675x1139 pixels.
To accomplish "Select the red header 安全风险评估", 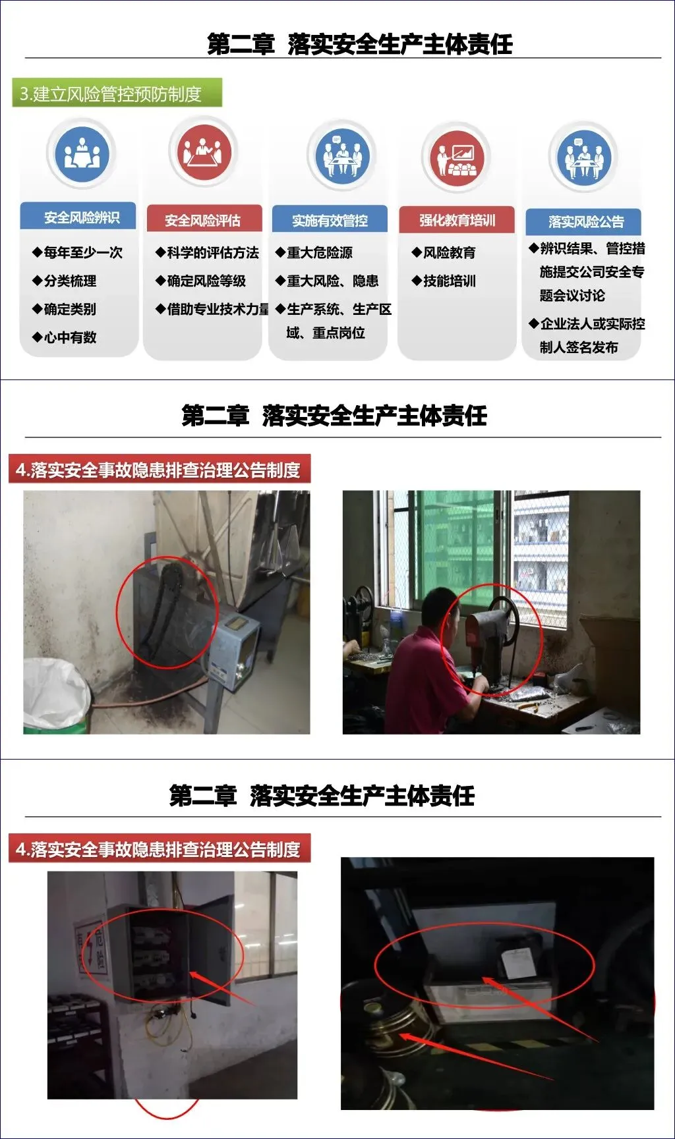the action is coord(204,219).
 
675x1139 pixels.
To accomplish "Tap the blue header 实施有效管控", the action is coord(330,219).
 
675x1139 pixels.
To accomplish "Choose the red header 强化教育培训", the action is coord(457,219).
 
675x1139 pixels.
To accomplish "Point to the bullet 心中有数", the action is coord(65,337).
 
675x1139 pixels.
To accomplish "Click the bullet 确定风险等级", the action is coord(200,281).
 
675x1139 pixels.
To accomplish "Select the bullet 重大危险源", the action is coord(314,252).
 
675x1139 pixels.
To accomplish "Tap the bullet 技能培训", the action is coord(444,281).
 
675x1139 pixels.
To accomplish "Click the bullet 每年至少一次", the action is coord(78,252).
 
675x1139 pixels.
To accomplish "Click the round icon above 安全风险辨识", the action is coord(82,154).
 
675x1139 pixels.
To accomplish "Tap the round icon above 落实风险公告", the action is coord(583,157).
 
